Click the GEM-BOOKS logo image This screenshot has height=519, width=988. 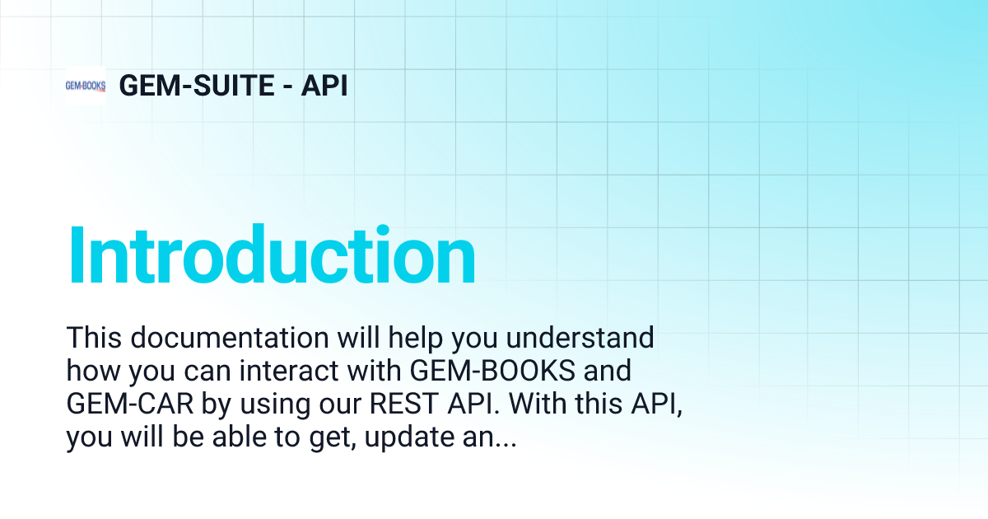click(86, 86)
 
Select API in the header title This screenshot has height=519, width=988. click(324, 86)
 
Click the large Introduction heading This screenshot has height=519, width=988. click(272, 257)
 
